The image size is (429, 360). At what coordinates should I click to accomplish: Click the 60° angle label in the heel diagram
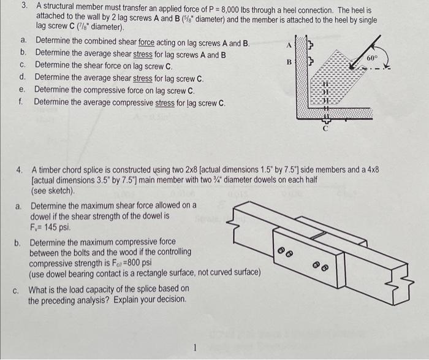point(373,57)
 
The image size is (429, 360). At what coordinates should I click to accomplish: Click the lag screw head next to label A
point(310,45)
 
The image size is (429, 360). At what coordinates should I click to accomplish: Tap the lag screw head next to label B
point(310,63)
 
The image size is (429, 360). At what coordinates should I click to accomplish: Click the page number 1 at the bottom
point(194,348)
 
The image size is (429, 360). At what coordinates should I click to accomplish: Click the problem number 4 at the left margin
point(20,169)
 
